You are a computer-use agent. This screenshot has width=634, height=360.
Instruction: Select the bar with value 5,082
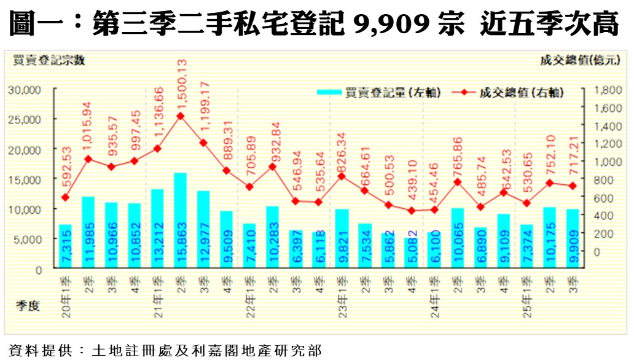click(410, 253)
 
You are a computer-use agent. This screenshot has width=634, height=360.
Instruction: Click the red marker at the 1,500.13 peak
click(181, 115)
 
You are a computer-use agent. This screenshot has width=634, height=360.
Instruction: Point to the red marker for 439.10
click(411, 211)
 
